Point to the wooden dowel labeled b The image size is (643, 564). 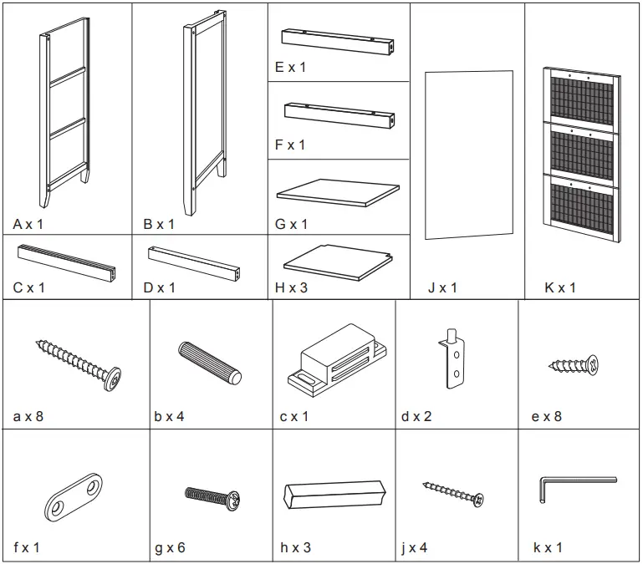(209, 362)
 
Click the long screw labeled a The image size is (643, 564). (79, 362)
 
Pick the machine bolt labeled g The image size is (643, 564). (212, 497)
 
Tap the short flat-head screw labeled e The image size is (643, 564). (575, 364)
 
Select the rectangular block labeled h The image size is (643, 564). (334, 494)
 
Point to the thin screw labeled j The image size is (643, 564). (453, 494)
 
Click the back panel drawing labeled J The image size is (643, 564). (468, 155)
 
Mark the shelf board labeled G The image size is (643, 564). (338, 191)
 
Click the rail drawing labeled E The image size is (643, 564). (338, 40)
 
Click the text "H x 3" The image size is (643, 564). (292, 288)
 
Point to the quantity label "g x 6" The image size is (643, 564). (170, 548)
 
